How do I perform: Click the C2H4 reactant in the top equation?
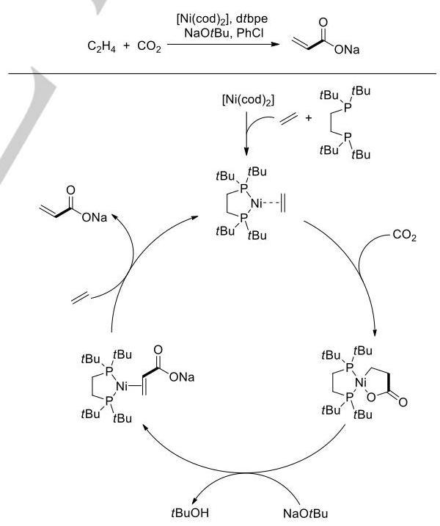pos(101,46)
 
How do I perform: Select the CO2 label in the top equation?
pos(149,46)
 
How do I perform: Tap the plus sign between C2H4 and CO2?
pos(126,45)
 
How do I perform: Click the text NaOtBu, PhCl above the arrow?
pos(224,33)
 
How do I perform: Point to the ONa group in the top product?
pos(347,50)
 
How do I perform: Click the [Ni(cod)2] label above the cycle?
pos(248,100)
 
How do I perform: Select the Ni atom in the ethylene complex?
pos(256,203)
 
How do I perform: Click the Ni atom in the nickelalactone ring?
pos(360,382)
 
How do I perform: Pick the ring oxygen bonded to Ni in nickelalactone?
pos(371,398)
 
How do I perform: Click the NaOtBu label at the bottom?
pos(306,514)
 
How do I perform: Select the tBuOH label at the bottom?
pos(190,513)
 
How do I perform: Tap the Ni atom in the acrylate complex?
pos(122,387)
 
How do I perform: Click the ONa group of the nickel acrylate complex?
pos(182,377)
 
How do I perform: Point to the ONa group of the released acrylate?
pos(95,218)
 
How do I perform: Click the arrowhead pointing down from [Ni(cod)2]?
pos(246,152)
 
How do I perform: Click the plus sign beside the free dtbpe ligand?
pos(309,118)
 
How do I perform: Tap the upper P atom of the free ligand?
pos(348,108)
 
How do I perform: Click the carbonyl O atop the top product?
pos(323,23)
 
